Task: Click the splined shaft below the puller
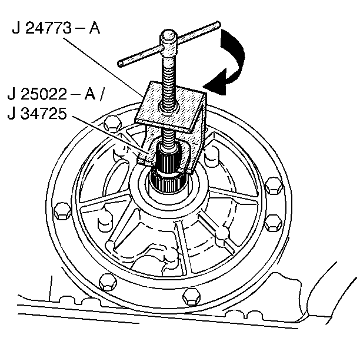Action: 169,171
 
